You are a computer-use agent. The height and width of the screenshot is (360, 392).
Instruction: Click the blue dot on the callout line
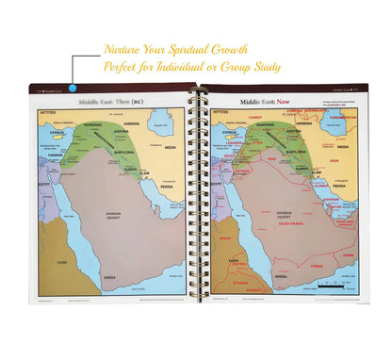pyautogui.click(x=73, y=90)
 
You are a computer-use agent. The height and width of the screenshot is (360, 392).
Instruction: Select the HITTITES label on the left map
pyautogui.click(x=49, y=112)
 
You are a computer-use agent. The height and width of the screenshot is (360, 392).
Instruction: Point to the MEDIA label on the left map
pyautogui.click(x=171, y=147)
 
